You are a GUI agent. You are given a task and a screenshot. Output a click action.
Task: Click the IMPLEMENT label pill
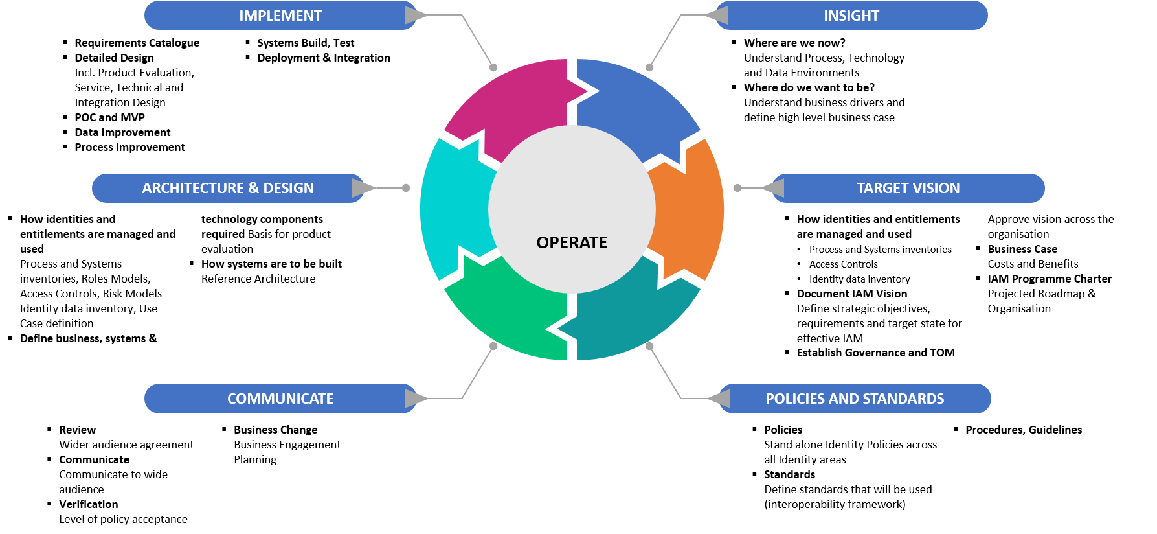coord(280,16)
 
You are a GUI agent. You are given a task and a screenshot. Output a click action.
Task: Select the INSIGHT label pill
coord(851,16)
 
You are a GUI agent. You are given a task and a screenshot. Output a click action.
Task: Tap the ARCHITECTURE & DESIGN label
coord(228,188)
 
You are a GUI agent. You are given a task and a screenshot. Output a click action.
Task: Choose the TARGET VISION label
coord(908,188)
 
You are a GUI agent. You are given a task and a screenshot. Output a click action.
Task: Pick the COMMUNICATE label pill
coord(280,399)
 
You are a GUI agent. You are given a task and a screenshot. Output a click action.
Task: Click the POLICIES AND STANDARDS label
coord(855,399)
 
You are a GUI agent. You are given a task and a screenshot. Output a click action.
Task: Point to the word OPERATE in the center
coord(572,242)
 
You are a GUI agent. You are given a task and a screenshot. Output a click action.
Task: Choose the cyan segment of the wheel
coord(453,207)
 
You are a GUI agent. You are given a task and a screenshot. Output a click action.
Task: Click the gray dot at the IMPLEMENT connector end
coord(493,67)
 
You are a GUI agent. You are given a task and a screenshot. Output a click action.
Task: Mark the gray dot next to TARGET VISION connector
coord(737,188)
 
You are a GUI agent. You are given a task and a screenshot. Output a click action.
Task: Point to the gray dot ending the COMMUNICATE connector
coord(493,346)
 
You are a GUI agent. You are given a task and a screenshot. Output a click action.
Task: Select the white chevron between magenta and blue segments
coord(585,91)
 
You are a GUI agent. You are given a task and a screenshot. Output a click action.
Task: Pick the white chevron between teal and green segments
coord(559,329)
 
